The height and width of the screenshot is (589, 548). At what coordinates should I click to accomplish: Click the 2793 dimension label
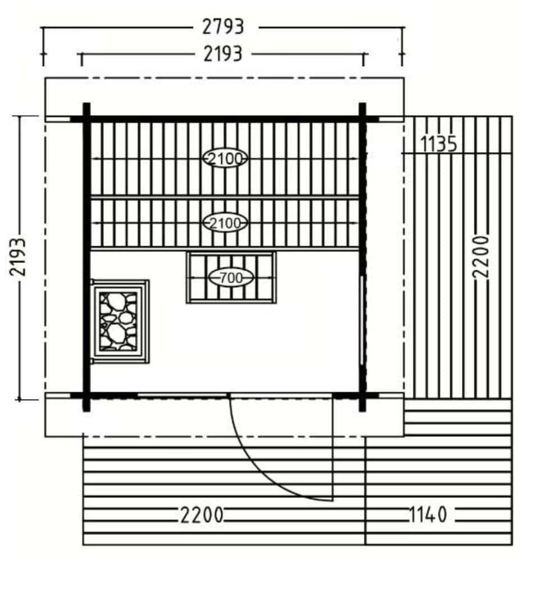[223, 26]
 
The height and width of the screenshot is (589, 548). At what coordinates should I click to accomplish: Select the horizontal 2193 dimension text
[223, 54]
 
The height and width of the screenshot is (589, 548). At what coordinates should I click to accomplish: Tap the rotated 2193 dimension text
[19, 256]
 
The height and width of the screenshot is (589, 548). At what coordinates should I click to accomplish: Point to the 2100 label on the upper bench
[225, 159]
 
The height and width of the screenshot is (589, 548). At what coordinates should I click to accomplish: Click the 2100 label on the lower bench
[225, 223]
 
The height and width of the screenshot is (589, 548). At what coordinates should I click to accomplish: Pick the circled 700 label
[231, 277]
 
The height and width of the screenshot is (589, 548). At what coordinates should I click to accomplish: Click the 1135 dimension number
[439, 144]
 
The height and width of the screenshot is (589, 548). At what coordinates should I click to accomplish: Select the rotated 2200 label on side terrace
[481, 256]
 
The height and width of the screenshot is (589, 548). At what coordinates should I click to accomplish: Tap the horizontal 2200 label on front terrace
[202, 515]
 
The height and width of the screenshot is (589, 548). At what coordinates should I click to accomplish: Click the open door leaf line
[332, 450]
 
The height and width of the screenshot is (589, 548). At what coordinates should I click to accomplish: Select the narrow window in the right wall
[361, 320]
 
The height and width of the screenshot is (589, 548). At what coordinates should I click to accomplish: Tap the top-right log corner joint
[362, 119]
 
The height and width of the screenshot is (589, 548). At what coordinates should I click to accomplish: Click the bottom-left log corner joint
[86, 397]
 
